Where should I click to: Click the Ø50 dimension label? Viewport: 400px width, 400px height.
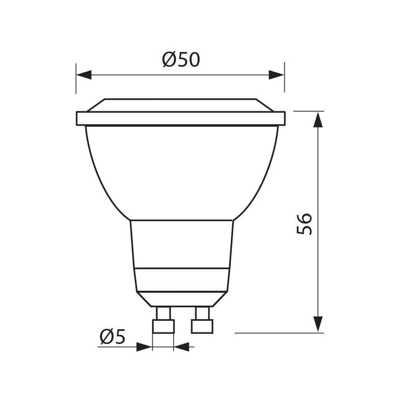181,60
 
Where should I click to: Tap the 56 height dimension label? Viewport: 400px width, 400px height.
305,224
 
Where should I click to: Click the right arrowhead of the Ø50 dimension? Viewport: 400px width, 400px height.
276,75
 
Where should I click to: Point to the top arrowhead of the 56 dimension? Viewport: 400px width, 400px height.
318,120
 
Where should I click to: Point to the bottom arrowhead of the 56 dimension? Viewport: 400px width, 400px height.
318,324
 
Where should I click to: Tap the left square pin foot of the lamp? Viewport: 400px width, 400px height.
164,326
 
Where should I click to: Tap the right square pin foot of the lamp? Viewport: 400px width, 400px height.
202,326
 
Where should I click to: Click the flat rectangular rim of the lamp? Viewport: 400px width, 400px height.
181,118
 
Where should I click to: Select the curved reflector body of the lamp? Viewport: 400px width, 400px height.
181,172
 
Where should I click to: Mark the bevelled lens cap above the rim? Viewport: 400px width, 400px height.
181,105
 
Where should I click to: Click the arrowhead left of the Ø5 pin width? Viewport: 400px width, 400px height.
144,347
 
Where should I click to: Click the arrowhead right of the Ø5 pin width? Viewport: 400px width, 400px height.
182,347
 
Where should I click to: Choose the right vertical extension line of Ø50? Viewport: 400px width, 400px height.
284,78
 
